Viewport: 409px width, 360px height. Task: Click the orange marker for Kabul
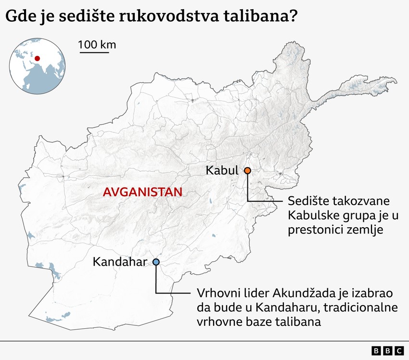click(247, 170)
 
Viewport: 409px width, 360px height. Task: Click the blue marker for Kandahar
click(156, 262)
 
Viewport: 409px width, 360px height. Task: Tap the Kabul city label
click(222, 170)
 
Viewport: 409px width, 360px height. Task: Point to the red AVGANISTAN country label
click(142, 192)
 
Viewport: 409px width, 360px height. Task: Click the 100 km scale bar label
click(97, 45)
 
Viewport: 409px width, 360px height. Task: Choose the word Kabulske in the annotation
click(311, 215)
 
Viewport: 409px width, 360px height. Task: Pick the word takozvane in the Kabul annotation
click(357, 200)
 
